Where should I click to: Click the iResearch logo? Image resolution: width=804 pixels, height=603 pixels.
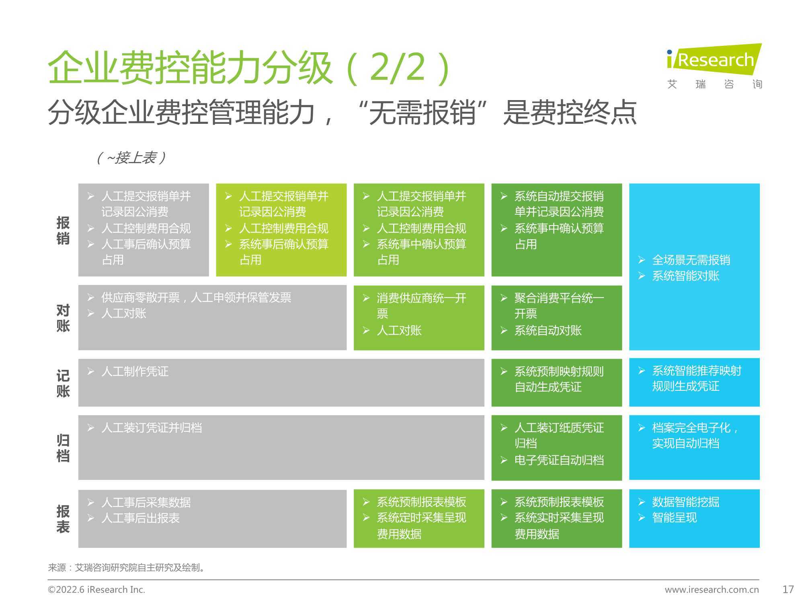714,66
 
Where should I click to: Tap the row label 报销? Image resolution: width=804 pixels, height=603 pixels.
63,230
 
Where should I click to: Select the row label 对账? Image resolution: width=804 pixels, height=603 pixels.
63,318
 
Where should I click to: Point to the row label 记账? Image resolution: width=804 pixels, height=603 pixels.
63,383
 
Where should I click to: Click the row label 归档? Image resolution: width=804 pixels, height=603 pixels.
63,448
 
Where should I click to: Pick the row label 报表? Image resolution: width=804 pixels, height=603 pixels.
63,519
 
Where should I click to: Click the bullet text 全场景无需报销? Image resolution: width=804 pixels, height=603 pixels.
691,260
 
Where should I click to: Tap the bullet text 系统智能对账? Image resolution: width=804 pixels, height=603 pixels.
685,276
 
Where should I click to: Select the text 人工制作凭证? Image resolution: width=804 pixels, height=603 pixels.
135,371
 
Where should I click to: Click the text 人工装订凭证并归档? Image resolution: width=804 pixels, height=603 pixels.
152,427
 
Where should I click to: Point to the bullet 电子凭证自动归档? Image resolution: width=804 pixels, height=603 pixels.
559,460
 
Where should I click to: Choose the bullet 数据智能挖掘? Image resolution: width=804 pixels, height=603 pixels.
685,502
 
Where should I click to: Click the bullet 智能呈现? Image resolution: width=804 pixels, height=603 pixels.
674,517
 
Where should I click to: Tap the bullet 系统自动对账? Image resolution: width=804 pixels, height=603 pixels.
548,330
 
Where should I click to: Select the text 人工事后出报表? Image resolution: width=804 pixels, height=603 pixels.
140,518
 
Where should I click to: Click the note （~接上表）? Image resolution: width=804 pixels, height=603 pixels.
131,158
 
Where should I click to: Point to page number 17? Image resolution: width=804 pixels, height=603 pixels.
788,589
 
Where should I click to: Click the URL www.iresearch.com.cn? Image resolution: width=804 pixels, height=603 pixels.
712,590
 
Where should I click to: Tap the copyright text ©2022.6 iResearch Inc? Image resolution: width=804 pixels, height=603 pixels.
96,590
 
